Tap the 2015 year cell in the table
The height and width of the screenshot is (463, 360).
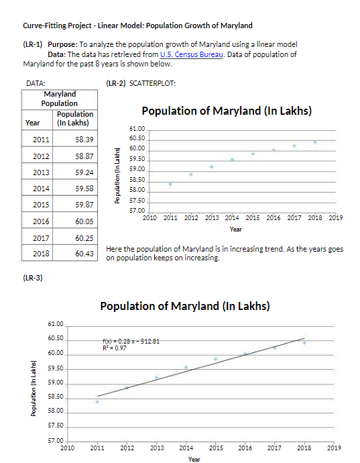point(41,204)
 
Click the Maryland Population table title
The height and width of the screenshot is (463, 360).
point(59,99)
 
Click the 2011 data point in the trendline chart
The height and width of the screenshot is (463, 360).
point(97,401)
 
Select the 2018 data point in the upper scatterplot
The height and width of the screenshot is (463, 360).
point(314,142)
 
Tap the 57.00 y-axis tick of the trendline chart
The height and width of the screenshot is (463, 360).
point(56,440)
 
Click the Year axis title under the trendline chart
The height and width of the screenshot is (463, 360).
point(194,459)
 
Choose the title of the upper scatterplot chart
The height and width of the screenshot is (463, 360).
point(226,111)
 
